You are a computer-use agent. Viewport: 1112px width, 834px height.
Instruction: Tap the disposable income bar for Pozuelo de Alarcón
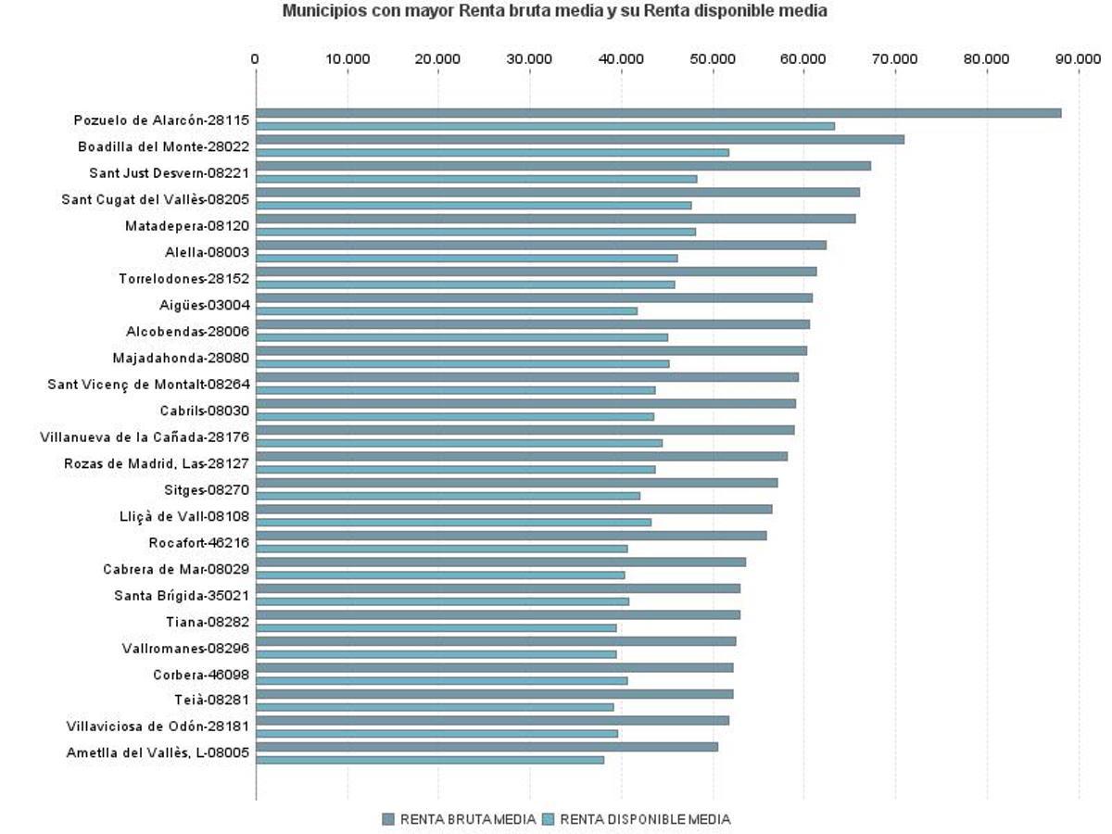pyautogui.click(x=545, y=126)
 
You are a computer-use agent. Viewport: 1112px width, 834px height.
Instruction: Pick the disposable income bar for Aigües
pyautogui.click(x=446, y=310)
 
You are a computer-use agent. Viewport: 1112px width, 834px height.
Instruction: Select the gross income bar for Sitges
pyautogui.click(x=516, y=483)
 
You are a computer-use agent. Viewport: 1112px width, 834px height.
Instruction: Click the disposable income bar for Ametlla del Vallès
pyautogui.click(x=429, y=760)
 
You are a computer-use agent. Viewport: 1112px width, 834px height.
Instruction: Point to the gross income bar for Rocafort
pyautogui.click(x=511, y=536)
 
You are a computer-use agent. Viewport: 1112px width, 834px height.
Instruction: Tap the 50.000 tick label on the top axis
pyautogui.click(x=712, y=59)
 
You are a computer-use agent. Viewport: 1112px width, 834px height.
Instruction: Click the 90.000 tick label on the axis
pyautogui.click(x=1078, y=59)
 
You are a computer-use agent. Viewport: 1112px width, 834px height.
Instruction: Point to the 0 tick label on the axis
pyautogui.click(x=255, y=59)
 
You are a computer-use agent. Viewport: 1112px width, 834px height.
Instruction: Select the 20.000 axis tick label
pyautogui.click(x=437, y=59)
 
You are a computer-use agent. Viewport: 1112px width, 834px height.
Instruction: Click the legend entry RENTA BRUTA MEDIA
pyautogui.click(x=459, y=819)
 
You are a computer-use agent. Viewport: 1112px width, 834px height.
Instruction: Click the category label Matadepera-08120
pyautogui.click(x=187, y=226)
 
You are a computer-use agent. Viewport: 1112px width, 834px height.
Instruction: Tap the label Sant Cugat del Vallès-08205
pyautogui.click(x=156, y=199)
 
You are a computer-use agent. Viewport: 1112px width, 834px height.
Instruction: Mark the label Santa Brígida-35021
pyautogui.click(x=182, y=595)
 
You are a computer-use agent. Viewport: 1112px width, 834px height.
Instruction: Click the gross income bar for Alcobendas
pyautogui.click(x=532, y=324)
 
